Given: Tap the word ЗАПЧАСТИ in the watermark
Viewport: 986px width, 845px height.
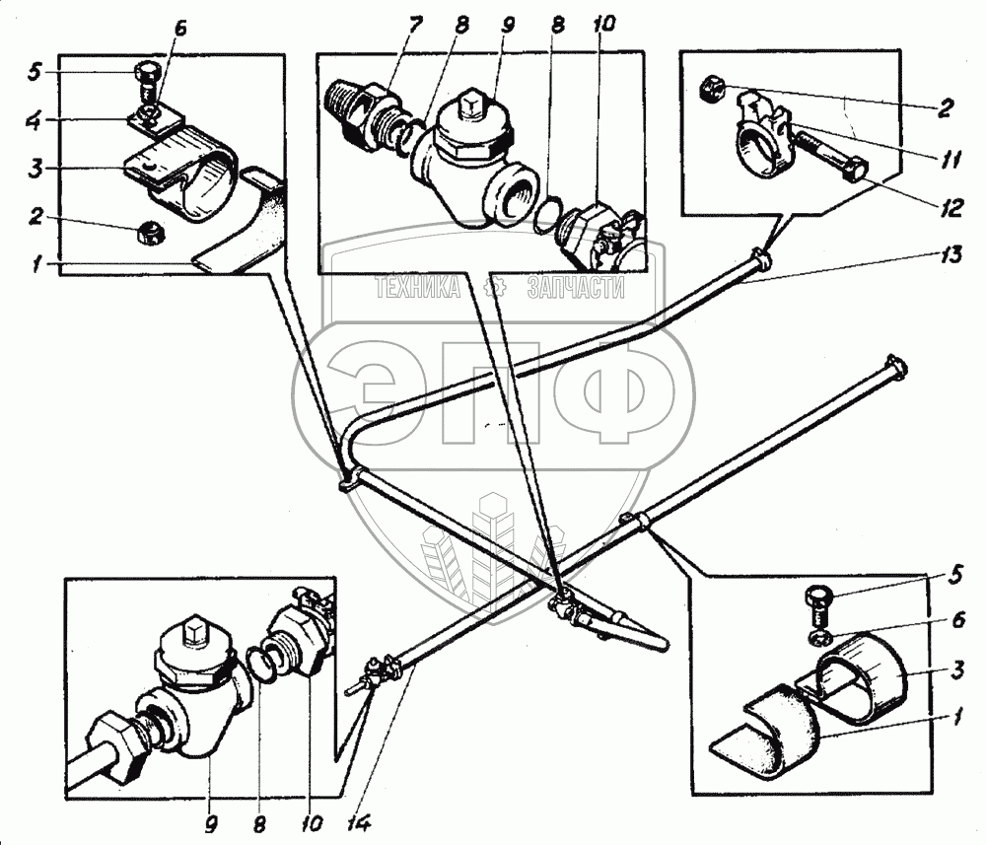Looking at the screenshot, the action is [577, 288].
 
